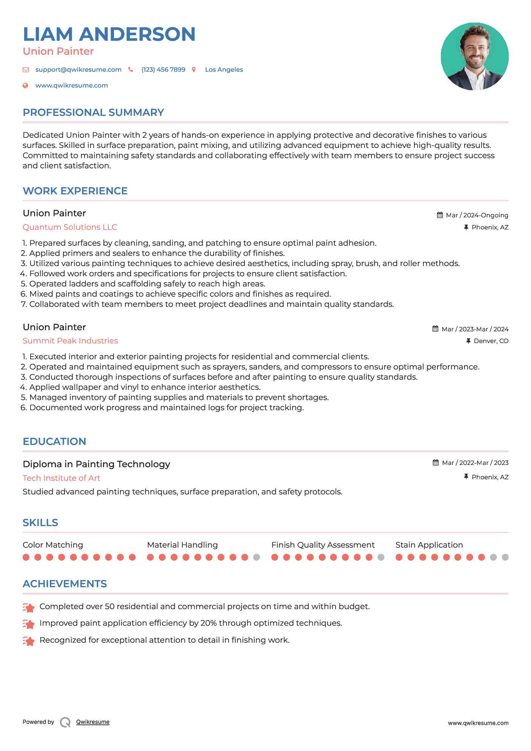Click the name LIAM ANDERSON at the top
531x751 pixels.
tap(109, 34)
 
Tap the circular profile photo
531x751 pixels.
tap(474, 56)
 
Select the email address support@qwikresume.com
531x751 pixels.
tap(78, 70)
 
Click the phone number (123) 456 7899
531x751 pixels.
tap(163, 70)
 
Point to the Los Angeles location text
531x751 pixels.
tap(224, 70)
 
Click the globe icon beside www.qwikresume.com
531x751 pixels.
tap(26, 86)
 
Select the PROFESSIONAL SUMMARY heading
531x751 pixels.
tap(93, 112)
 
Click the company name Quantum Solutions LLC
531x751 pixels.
tap(70, 227)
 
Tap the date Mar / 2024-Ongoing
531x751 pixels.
tap(477, 215)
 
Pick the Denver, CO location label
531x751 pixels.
tap(491, 341)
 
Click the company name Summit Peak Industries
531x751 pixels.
tap(70, 341)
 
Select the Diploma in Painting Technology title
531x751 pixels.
tap(96, 464)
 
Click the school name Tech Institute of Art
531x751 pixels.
tap(61, 478)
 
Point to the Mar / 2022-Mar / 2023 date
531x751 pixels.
tap(475, 463)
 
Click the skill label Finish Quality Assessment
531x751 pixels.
tap(323, 545)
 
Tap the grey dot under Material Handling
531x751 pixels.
tap(257, 557)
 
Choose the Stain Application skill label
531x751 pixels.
tap(429, 545)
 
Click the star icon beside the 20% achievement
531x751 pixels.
tap(29, 624)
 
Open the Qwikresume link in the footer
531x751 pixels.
tap(93, 722)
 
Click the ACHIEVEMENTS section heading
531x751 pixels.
tap(65, 584)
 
